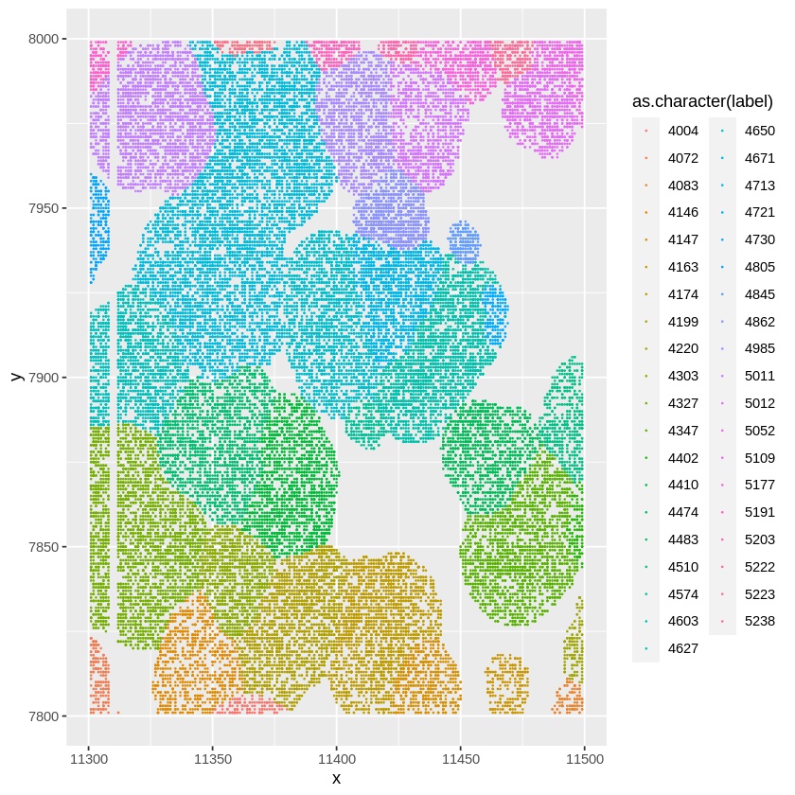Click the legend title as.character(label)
[702, 101]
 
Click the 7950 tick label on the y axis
[44, 208]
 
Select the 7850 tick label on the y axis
[44, 547]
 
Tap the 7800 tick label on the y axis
[44, 716]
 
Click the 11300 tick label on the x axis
[89, 759]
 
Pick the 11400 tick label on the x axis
[336, 759]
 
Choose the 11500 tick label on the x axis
[584, 759]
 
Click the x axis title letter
[336, 779]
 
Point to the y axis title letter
[15, 377]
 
